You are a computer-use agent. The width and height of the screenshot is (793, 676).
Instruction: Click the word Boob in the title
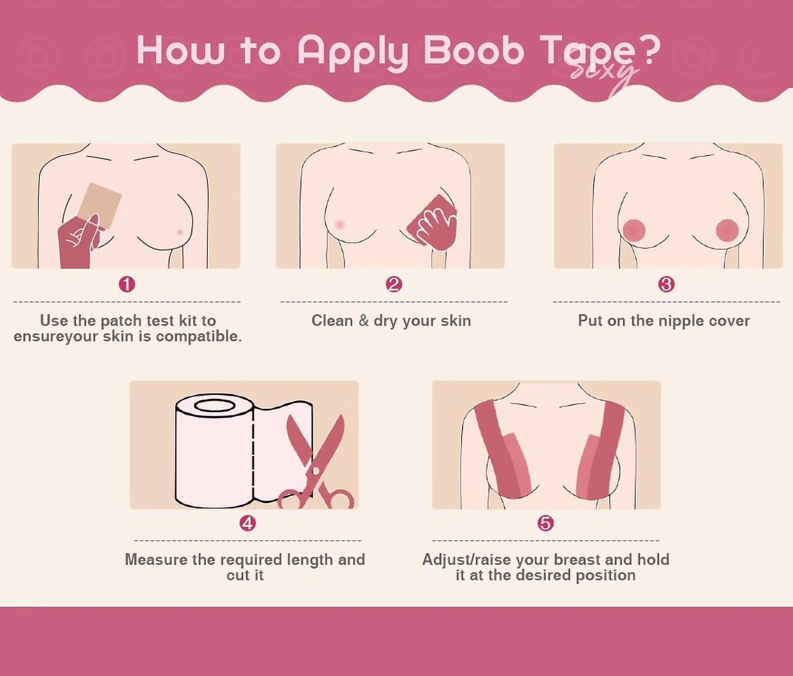474,51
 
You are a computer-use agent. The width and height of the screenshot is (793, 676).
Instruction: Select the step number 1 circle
127,285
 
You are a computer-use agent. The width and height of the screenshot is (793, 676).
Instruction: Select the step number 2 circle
394,285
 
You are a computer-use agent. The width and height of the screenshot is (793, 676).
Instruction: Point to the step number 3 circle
667,285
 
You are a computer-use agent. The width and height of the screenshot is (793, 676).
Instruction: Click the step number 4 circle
247,523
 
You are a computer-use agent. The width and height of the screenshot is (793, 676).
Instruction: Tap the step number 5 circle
546,523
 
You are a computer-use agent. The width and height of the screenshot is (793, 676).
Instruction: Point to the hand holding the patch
80,241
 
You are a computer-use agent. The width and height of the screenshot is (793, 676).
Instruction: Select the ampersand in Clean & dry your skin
363,320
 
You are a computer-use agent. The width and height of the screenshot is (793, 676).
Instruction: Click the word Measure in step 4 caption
156,559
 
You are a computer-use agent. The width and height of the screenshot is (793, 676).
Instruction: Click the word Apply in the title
353,54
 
